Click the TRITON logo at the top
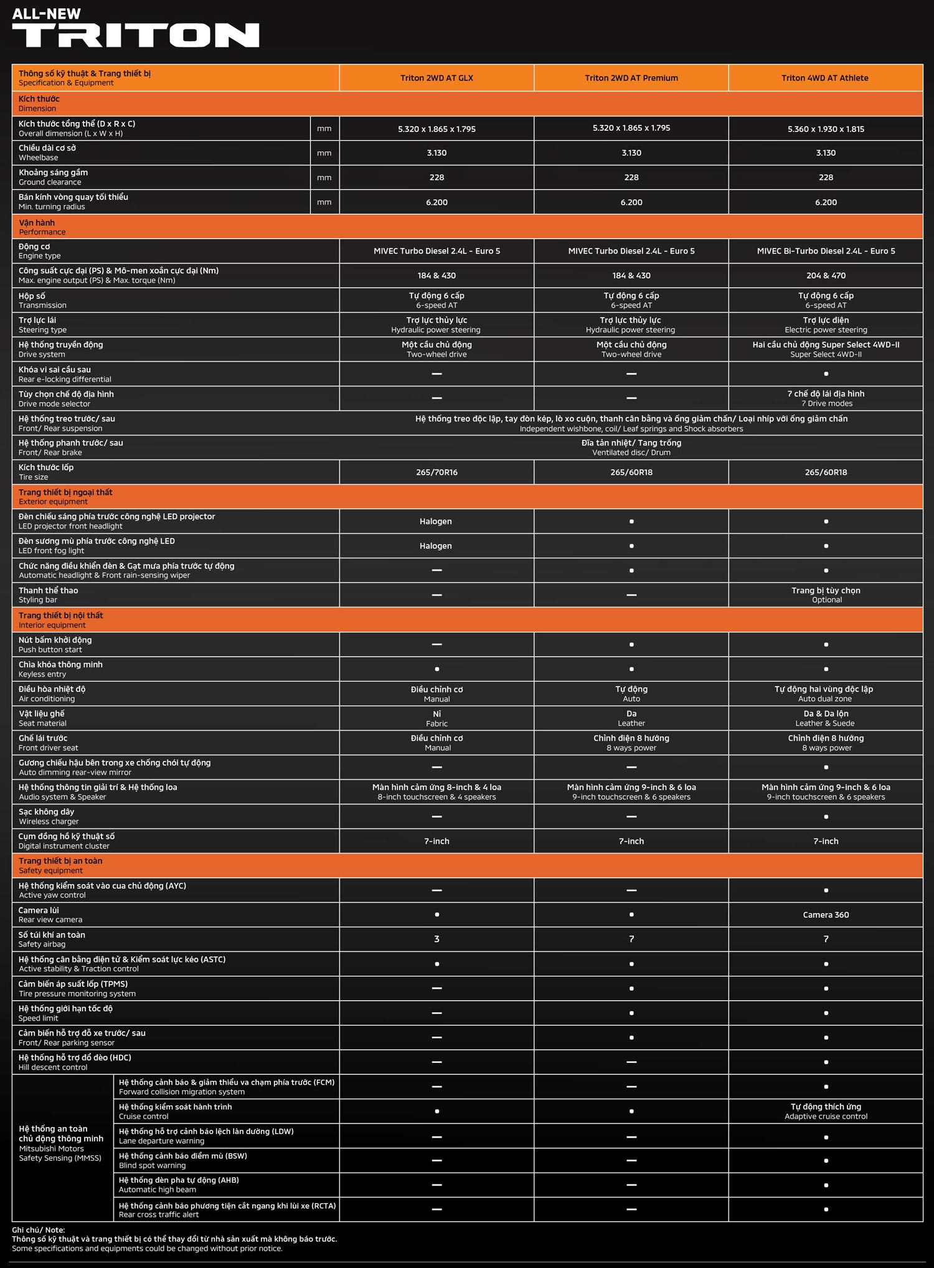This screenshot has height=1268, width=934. tap(135, 35)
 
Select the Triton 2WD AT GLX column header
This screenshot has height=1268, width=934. tap(436, 78)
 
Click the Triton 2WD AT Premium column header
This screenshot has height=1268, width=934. tap(631, 78)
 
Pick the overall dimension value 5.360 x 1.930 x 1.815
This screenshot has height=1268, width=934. tap(826, 129)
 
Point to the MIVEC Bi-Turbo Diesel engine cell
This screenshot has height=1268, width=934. tap(826, 251)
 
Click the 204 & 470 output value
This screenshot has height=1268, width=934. tap(826, 275)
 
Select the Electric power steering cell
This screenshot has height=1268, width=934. tap(826, 325)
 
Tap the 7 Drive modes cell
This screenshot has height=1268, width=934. tap(826, 398)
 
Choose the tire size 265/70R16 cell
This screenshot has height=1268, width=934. tap(436, 472)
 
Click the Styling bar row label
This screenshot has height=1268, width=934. tap(49, 595)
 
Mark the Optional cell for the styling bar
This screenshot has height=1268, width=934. tap(826, 595)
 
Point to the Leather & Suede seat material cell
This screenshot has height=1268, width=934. tap(826, 718)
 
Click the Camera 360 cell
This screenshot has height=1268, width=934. tap(826, 915)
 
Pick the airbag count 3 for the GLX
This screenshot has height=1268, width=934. tap(436, 939)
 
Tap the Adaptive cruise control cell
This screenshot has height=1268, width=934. tap(826, 1112)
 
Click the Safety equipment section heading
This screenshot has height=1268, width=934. tap(60, 865)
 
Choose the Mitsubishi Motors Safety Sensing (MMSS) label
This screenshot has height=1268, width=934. tap(61, 1143)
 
